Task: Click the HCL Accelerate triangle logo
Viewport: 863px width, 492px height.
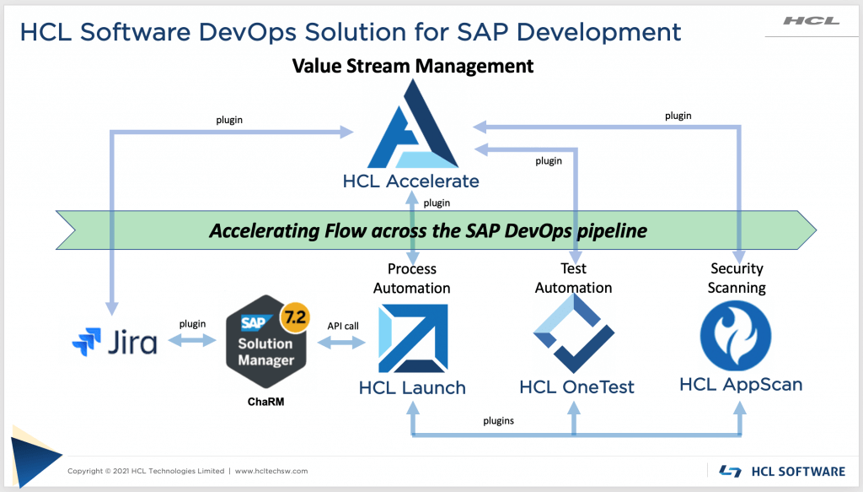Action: click(411, 126)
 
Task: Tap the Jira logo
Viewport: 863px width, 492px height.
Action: click(115, 343)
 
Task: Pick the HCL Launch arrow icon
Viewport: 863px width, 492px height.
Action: click(412, 338)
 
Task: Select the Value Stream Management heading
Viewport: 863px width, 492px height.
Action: click(412, 65)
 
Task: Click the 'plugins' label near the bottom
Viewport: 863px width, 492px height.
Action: click(500, 419)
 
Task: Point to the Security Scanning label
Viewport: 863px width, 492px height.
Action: click(737, 278)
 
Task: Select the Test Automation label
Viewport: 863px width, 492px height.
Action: click(574, 278)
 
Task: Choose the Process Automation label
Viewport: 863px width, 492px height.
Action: click(412, 278)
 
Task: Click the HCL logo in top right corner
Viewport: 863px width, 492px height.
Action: click(811, 20)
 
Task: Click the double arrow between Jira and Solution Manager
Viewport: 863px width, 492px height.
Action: click(192, 341)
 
